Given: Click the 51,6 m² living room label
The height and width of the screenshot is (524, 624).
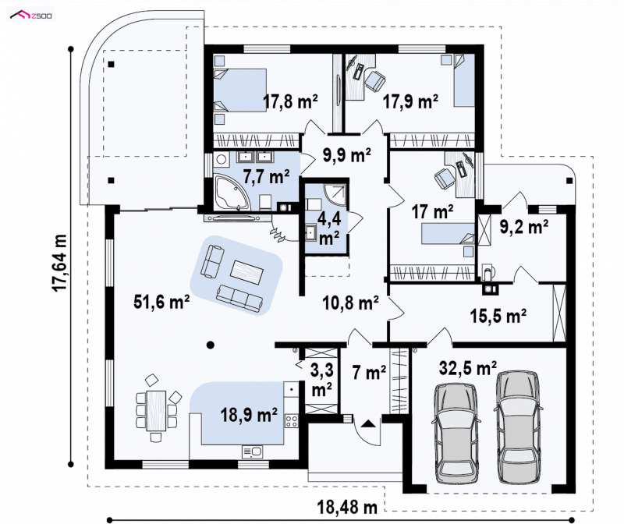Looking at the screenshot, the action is [x=161, y=303].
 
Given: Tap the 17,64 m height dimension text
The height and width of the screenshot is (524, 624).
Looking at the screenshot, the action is [x=61, y=262].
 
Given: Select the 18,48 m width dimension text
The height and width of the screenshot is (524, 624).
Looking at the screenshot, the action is [x=347, y=508].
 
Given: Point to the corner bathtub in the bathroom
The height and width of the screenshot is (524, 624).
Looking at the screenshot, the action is [x=232, y=192].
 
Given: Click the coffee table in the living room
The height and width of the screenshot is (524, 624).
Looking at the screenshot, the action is [x=246, y=272].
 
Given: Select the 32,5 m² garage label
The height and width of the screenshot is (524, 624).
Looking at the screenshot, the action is [x=467, y=367].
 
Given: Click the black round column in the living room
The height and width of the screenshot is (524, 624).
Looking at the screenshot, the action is [x=211, y=345].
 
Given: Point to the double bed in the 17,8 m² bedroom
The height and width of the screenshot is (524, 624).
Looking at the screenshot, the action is [x=240, y=90].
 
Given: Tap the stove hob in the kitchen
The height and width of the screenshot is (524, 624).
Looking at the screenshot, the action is [x=291, y=421].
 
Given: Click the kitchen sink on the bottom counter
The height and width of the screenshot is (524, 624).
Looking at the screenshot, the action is [x=252, y=452].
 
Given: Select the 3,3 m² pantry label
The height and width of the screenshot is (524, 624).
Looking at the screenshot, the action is [x=321, y=379].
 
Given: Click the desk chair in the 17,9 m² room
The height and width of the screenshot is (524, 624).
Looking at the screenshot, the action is [x=375, y=80].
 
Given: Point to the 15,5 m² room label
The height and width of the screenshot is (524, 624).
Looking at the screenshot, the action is [x=498, y=316].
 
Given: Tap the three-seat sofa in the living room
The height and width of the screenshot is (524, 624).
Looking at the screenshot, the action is [x=240, y=298].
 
